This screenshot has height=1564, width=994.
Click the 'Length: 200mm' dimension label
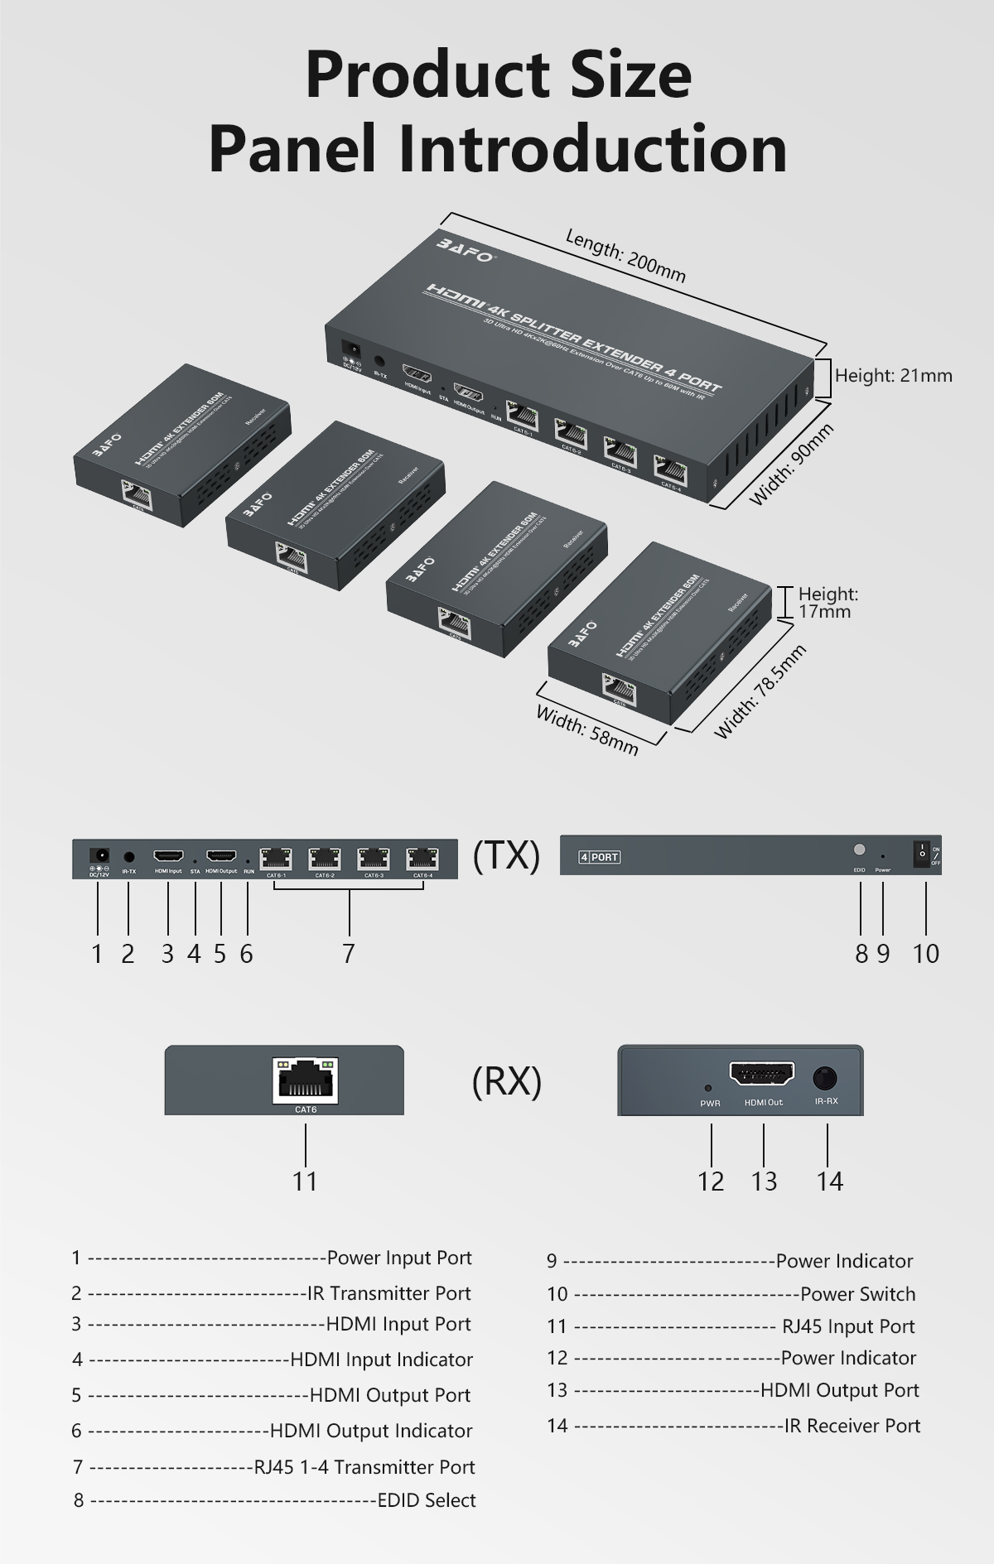coord(625,256)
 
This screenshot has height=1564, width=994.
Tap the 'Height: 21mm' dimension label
coord(893,376)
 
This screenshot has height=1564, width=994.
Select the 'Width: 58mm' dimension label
coord(586,729)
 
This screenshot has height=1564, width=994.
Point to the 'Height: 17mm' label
coord(827,603)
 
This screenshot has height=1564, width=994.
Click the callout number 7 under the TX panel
coord(349,954)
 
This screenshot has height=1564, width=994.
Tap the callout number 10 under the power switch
coord(925,954)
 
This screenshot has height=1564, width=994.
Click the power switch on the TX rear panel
coord(921,853)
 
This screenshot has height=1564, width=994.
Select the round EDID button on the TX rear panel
coord(859,850)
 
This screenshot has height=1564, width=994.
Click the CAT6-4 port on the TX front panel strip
coord(422,857)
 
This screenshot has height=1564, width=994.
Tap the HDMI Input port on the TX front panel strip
coord(168,855)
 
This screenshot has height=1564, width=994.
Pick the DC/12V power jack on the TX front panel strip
coord(99,854)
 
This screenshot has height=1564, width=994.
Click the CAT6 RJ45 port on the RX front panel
coord(305,1080)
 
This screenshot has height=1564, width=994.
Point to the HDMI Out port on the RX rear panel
coord(762,1075)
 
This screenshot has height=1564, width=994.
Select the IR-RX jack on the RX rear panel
coord(826,1079)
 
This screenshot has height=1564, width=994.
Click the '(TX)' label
coord(506,855)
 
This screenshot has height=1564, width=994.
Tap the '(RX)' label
coord(506,1081)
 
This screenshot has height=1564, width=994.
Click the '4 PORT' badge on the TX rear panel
coord(599,857)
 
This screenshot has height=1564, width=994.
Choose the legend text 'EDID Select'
coord(427,1500)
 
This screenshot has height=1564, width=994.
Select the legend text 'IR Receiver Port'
coord(852,1426)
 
